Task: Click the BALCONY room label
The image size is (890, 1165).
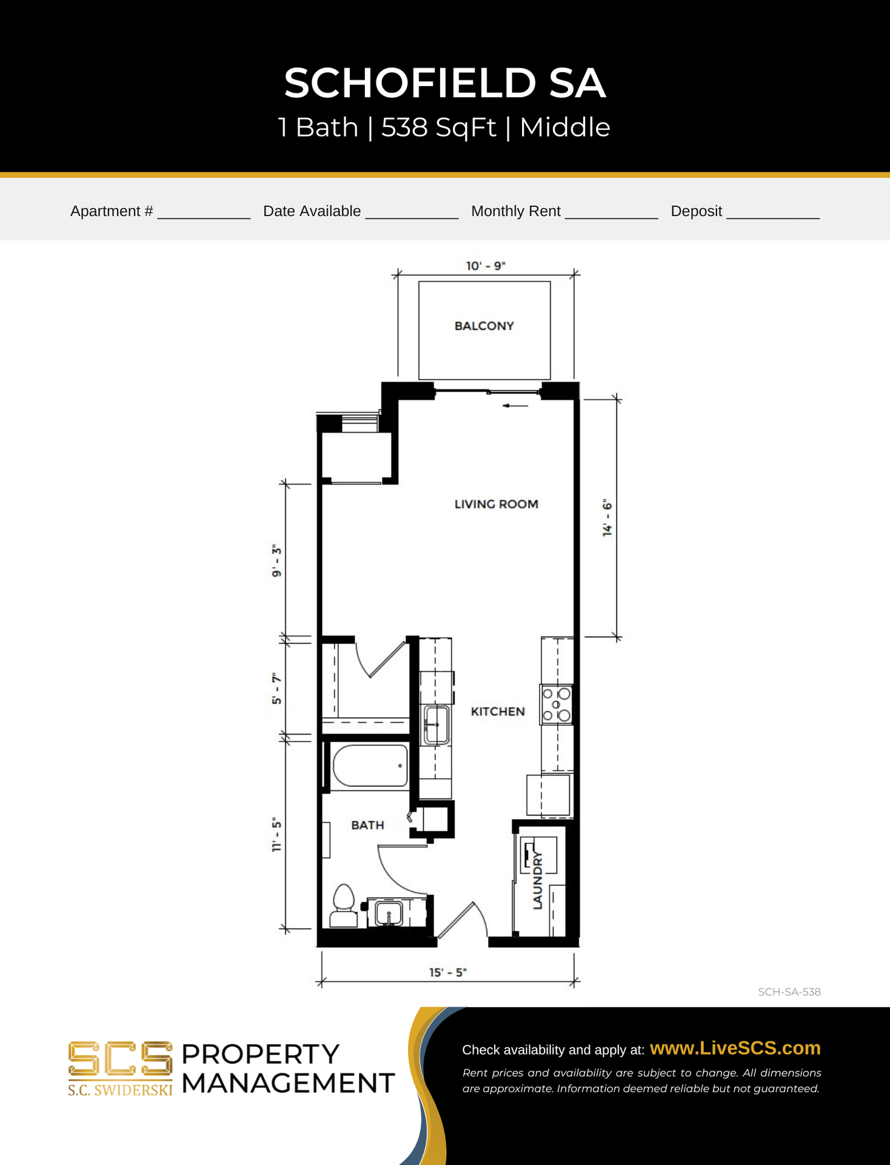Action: [x=484, y=326]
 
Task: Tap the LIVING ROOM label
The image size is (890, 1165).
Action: [x=496, y=504]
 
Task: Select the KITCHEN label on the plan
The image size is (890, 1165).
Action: [x=498, y=711]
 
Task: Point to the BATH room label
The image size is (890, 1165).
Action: [x=367, y=825]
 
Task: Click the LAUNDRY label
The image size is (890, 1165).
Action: [x=537, y=880]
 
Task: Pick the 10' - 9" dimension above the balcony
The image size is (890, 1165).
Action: [x=485, y=266]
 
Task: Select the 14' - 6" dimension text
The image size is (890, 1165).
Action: [x=607, y=518]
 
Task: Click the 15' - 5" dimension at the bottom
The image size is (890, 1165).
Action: [x=448, y=972]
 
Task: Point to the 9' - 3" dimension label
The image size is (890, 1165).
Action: [x=276, y=561]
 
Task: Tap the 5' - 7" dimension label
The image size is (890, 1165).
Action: [x=276, y=689]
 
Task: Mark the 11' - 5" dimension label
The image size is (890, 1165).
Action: [x=276, y=835]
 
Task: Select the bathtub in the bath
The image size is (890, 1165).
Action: [x=370, y=766]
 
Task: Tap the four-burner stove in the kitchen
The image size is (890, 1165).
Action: [x=556, y=704]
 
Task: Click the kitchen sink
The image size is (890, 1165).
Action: [x=436, y=724]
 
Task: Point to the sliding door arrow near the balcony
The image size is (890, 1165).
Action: [x=515, y=405]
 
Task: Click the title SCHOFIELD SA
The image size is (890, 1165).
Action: [x=445, y=83]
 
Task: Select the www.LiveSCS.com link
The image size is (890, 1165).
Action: [x=735, y=1048]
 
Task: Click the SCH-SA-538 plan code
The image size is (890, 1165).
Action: [x=789, y=992]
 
